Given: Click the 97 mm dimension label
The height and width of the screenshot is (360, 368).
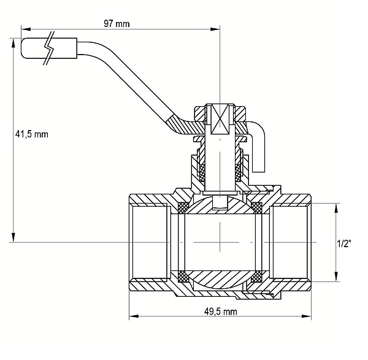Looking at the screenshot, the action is click(x=117, y=24).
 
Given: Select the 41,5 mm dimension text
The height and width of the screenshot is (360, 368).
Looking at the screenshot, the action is click(x=32, y=134).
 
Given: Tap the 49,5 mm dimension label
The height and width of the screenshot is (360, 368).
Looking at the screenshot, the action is click(x=221, y=312).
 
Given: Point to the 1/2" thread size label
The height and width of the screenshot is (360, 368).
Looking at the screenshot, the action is click(x=344, y=244).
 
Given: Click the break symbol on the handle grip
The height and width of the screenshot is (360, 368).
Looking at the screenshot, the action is click(x=49, y=48).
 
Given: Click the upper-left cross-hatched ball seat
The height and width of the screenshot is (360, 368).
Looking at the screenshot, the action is click(x=183, y=207).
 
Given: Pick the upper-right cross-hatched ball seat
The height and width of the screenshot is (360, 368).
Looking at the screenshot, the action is click(x=256, y=207).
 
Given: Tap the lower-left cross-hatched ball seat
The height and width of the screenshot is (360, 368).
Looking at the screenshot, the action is click(x=183, y=277).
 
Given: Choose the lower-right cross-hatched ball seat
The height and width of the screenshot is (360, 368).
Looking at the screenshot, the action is click(x=256, y=277).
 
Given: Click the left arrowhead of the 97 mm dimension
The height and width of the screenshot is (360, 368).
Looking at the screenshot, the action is click(x=26, y=29).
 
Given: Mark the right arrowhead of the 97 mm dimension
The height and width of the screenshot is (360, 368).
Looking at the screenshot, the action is click(x=215, y=29).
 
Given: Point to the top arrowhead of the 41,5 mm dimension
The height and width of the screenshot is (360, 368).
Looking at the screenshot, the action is click(x=13, y=44).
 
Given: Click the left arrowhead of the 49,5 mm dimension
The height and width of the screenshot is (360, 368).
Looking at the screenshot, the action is click(x=134, y=316).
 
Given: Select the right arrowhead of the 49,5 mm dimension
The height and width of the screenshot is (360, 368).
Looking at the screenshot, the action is click(x=306, y=316).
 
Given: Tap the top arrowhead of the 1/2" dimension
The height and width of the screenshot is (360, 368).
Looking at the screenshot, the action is click(x=336, y=209).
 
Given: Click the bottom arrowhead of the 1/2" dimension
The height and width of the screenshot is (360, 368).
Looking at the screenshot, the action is click(x=336, y=277).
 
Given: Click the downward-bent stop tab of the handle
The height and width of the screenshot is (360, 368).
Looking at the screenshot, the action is click(x=259, y=150).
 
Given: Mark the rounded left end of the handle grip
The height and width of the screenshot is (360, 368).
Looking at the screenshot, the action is click(x=23, y=48).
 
